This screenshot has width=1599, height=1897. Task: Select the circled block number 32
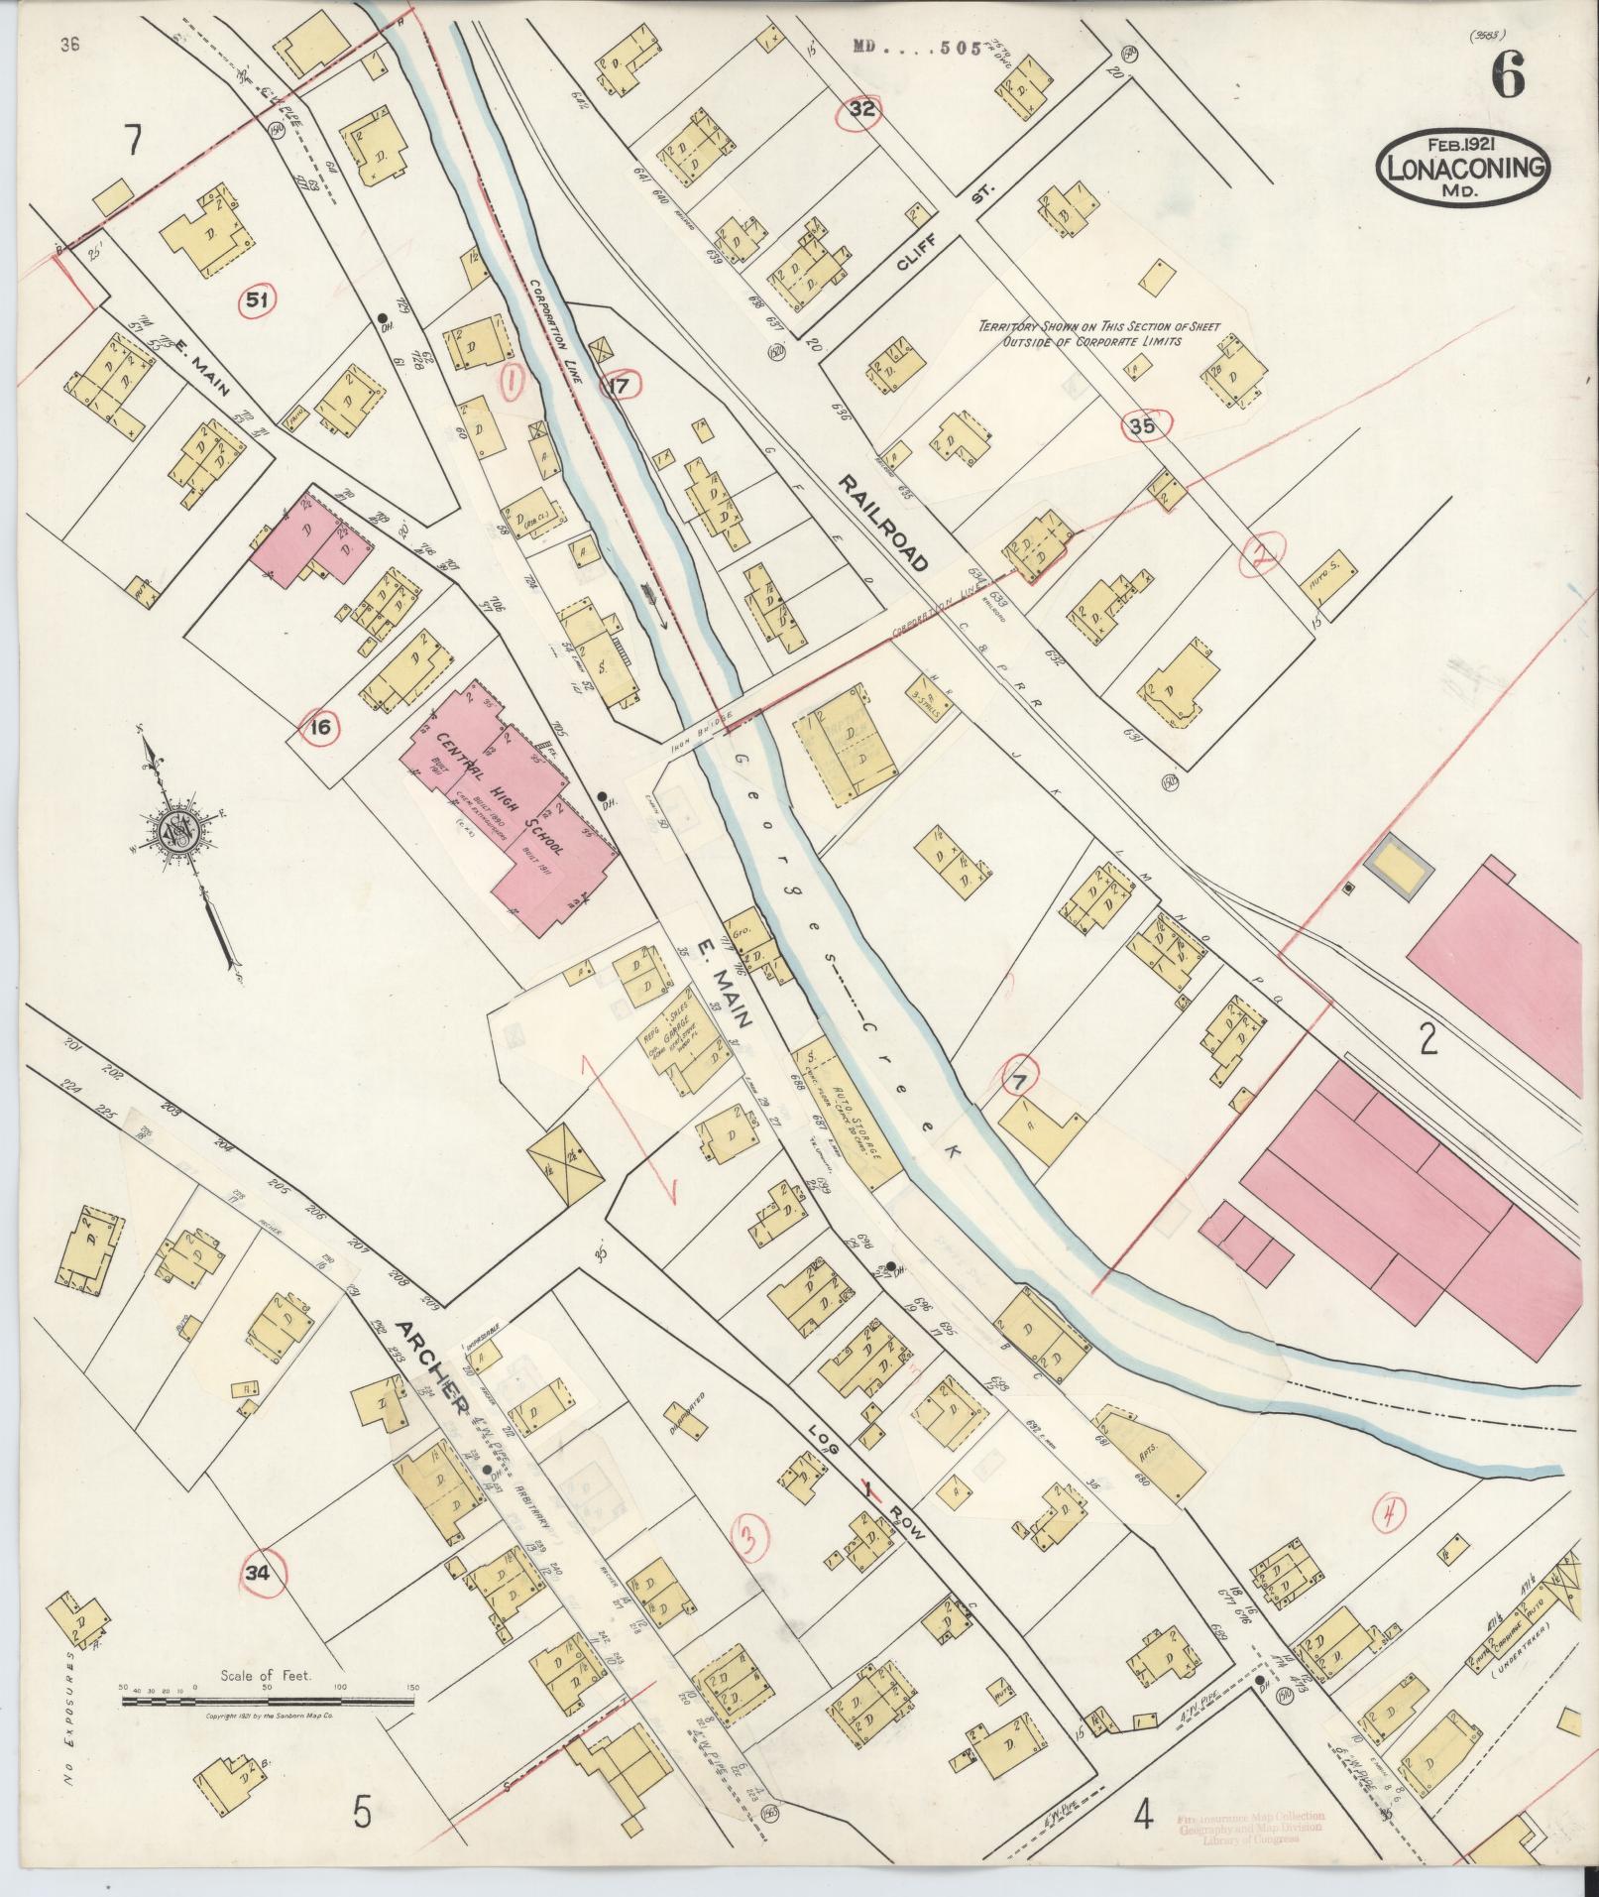[x=862, y=111]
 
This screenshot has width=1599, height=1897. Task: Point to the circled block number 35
[x=1141, y=427]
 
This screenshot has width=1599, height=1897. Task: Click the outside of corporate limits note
[x=1098, y=333]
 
